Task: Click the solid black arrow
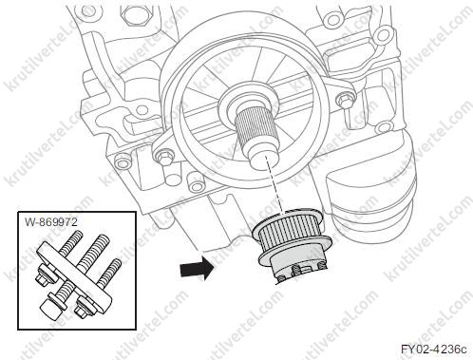click(x=197, y=269)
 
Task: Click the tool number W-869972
click(x=51, y=222)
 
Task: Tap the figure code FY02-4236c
click(x=434, y=350)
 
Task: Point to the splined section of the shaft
click(x=256, y=127)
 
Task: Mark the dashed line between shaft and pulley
click(x=274, y=186)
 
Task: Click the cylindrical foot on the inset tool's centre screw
click(x=51, y=308)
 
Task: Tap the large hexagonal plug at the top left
click(x=133, y=14)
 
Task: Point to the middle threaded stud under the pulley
click(x=297, y=270)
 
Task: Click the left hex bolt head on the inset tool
click(x=44, y=276)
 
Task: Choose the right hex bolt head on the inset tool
click(x=82, y=306)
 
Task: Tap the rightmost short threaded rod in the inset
click(x=109, y=271)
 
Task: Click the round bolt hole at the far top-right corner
click(x=383, y=31)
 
